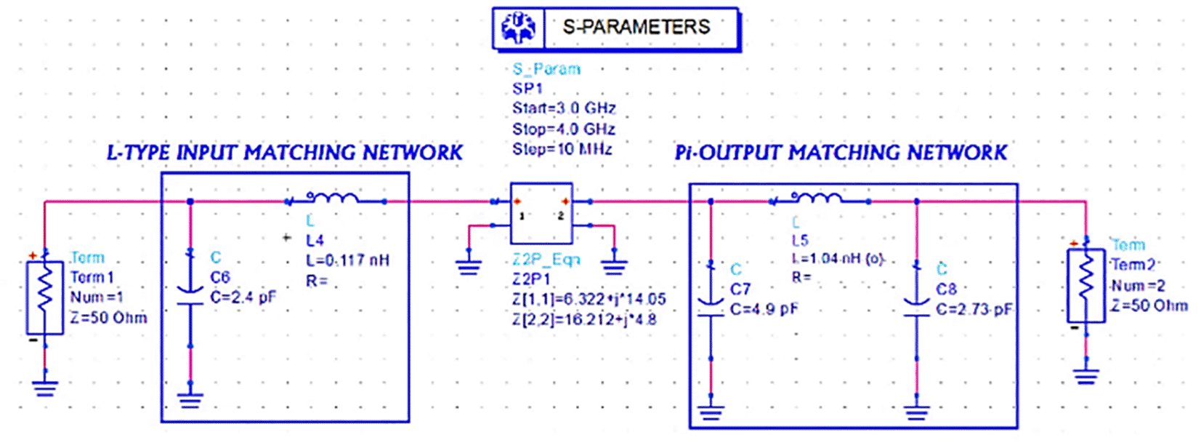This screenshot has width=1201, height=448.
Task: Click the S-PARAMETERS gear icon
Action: [x=518, y=29]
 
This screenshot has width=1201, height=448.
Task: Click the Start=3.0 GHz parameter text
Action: [x=564, y=108]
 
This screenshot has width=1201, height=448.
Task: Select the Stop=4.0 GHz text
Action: [x=563, y=129]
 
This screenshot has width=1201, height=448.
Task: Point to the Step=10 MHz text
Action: [x=562, y=149]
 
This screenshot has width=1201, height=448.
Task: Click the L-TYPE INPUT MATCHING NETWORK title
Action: [x=284, y=153]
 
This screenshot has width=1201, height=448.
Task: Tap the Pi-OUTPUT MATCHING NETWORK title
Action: [x=841, y=153]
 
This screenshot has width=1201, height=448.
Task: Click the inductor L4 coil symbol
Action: [x=332, y=198]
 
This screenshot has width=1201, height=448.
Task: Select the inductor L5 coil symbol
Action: [x=817, y=198]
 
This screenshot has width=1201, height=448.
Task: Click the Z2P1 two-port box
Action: [x=541, y=213]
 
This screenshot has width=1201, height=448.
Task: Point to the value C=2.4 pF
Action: [x=243, y=297]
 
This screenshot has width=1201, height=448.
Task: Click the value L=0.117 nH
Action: [x=347, y=260]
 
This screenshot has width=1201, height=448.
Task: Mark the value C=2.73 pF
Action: [x=974, y=309]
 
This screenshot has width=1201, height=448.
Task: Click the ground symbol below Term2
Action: [x=1085, y=376]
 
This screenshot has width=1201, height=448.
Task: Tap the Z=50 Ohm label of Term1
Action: [x=108, y=318]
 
